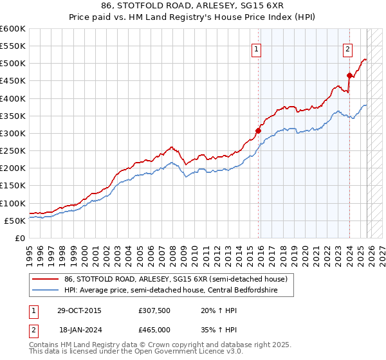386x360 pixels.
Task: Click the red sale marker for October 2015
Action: tap(259, 130)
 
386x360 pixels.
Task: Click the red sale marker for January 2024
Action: tap(349, 75)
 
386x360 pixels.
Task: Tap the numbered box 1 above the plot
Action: tap(256, 49)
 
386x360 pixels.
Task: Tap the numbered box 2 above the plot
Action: tap(347, 49)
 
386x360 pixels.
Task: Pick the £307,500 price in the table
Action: tap(155, 310)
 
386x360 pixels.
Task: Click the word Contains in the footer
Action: tap(44, 345)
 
